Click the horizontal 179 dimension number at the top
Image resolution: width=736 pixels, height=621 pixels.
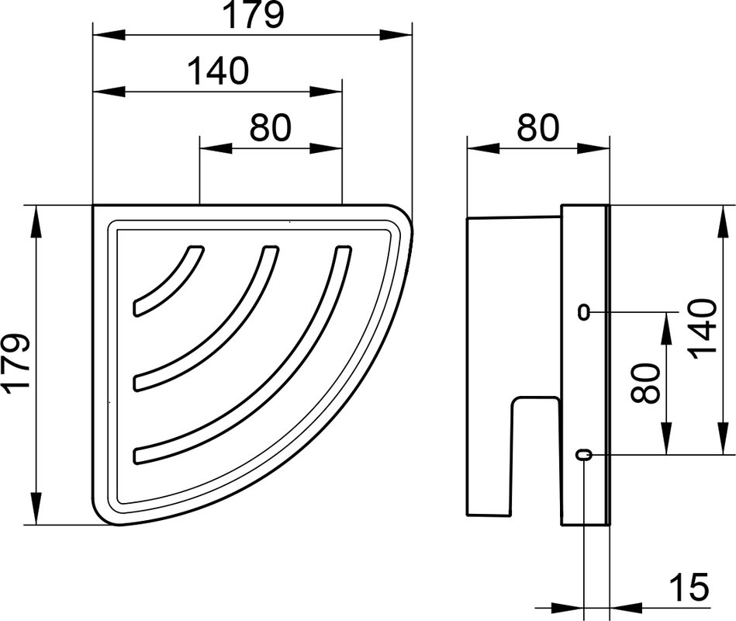click(x=254, y=15)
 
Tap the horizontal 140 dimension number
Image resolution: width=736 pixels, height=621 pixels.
click(x=218, y=71)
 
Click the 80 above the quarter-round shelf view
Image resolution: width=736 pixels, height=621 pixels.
click(x=271, y=127)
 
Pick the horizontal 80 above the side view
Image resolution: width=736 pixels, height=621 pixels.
click(x=538, y=127)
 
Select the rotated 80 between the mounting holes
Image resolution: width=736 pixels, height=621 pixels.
click(x=646, y=383)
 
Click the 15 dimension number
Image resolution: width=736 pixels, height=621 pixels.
click(x=689, y=587)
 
